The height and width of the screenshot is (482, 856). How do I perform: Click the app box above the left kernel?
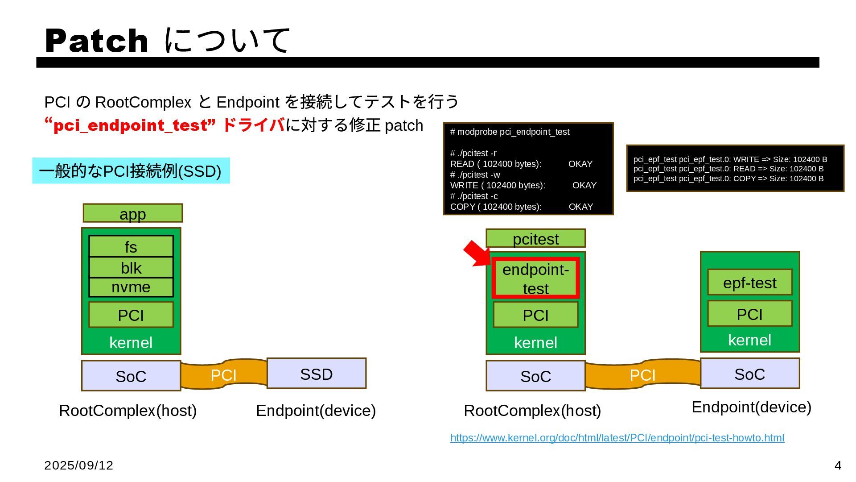point(132,213)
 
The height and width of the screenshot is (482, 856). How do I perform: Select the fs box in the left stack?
point(131,247)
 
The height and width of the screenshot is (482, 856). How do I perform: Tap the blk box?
point(131,268)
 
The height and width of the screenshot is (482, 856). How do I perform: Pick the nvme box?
point(131,287)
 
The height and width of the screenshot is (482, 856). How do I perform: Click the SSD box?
point(316,374)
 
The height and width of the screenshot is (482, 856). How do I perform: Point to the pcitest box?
point(535,239)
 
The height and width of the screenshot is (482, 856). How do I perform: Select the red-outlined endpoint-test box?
point(535,278)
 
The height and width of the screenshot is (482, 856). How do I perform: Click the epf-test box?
point(749,283)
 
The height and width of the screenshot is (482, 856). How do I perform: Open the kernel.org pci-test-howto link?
point(617,438)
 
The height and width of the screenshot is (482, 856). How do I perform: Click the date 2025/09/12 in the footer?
point(79,465)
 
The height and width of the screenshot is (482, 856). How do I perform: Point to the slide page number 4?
point(838,465)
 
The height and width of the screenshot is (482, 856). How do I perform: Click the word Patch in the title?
point(97,41)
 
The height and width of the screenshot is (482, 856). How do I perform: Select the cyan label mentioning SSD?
point(131,171)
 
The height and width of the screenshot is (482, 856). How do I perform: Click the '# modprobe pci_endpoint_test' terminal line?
point(510,132)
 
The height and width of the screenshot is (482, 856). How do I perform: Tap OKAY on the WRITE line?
point(584,185)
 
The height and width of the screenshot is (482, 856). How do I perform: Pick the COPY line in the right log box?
point(728,179)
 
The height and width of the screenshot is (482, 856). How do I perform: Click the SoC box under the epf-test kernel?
point(749,374)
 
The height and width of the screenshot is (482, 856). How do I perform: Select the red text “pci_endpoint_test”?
point(130,125)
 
